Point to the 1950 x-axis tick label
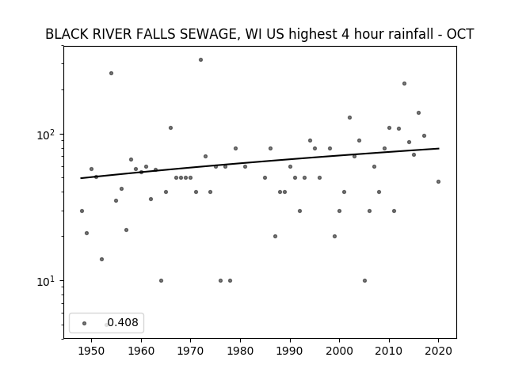91,351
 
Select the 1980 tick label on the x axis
240,351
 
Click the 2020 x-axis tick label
438,351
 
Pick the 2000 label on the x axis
339,351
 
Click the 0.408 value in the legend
123,322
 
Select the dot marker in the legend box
85,323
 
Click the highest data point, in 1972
200,60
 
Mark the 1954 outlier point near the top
111,74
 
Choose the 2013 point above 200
404,84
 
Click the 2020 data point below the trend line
438,181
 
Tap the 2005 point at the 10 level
364,280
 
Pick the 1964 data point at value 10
161,280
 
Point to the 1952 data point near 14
101,259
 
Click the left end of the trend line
81,178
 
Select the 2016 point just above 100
418,112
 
